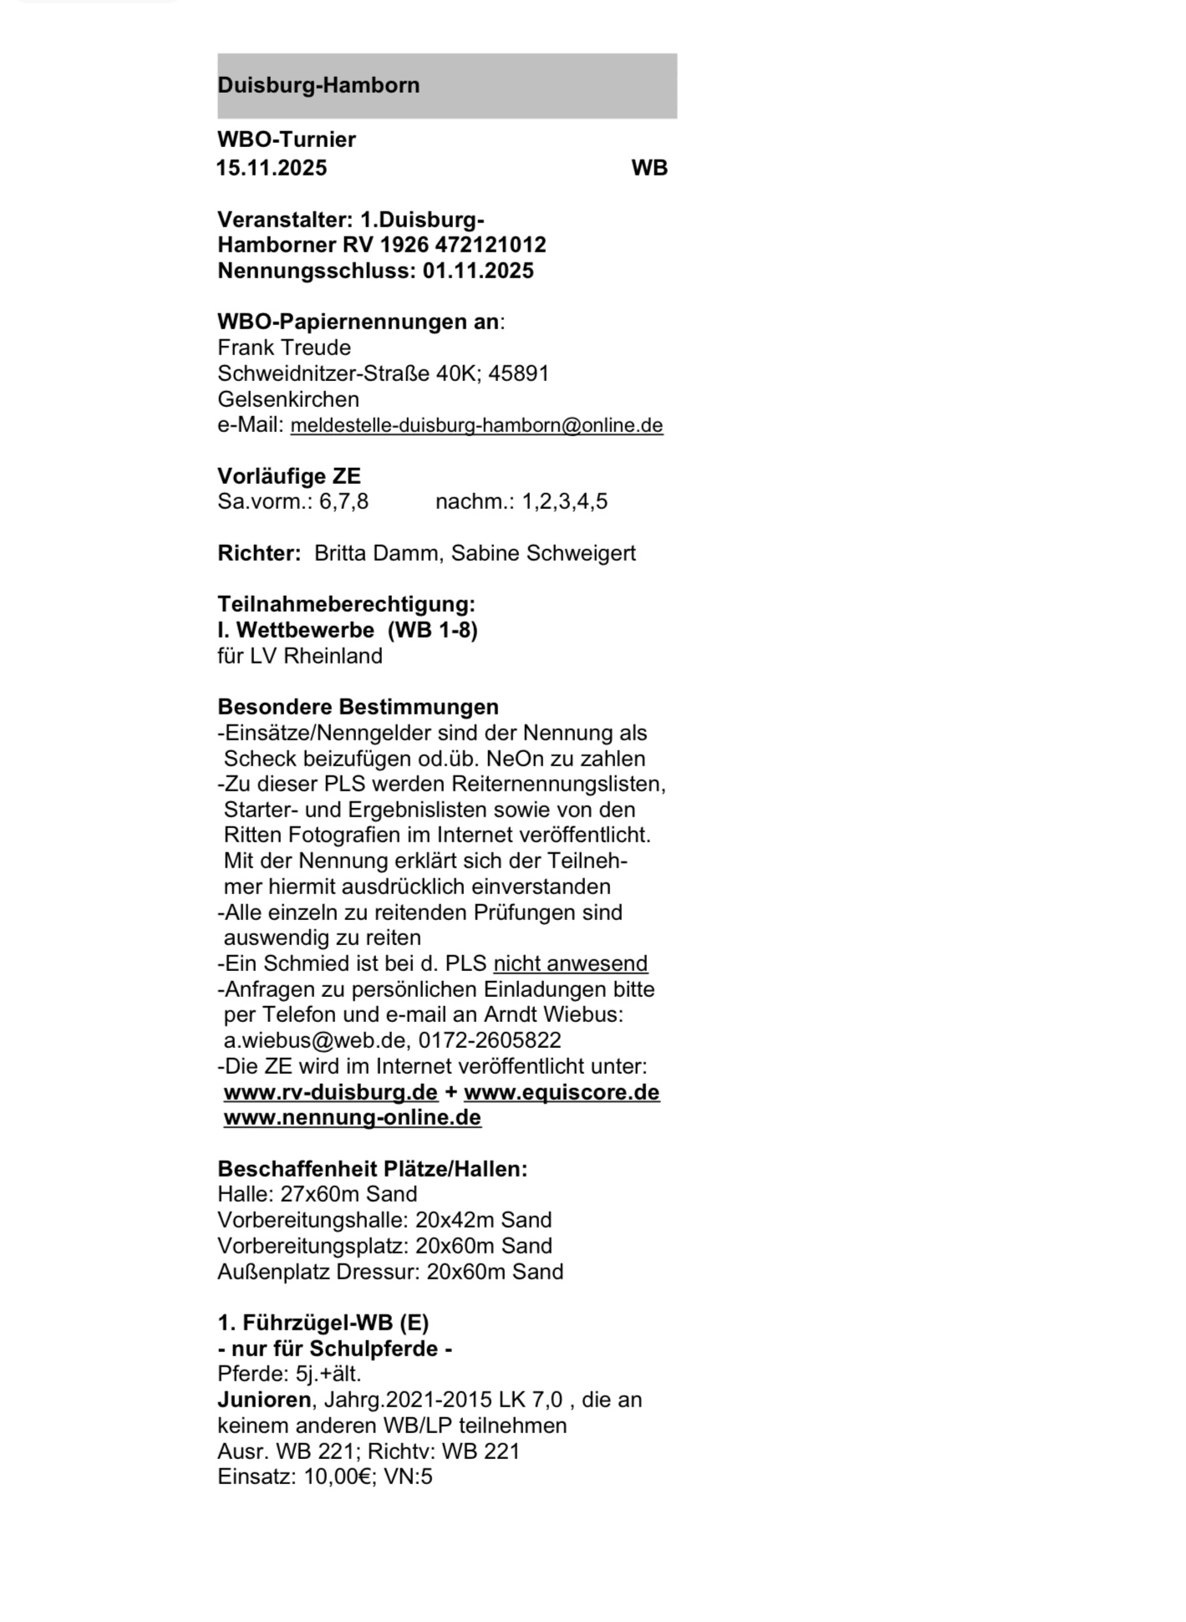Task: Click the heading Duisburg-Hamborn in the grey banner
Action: coord(318,85)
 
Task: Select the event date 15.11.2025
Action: coord(272,168)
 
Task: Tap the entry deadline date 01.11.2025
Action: coord(478,271)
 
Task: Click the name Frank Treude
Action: coord(283,348)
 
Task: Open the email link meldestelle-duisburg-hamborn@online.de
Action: coord(476,425)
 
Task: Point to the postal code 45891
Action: coord(518,374)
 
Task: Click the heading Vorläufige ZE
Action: coord(288,476)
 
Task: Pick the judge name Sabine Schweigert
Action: coord(543,553)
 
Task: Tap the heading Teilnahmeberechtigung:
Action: coord(346,604)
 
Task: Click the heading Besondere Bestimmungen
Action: coord(358,707)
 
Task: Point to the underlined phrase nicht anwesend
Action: coord(570,964)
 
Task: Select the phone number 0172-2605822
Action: coord(490,1040)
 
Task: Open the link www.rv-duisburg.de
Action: coord(330,1092)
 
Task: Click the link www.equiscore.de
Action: coord(562,1092)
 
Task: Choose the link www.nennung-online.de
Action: coord(352,1118)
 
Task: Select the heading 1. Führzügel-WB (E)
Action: coord(323,1323)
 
